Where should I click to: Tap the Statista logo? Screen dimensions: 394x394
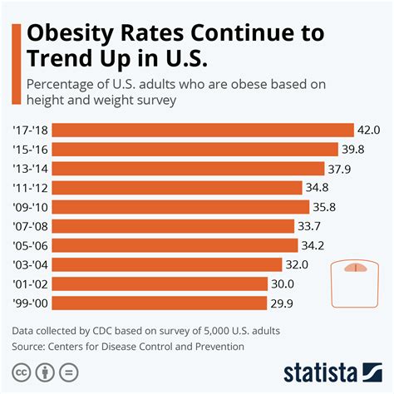tap(330, 371)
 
